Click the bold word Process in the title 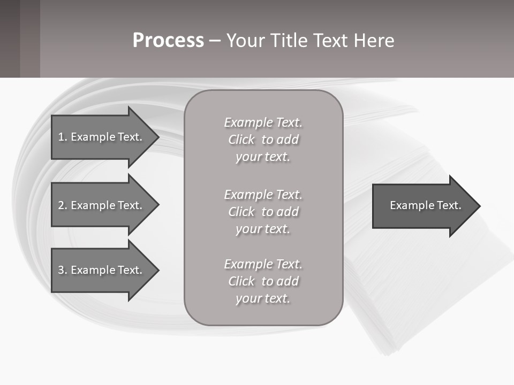click(x=168, y=41)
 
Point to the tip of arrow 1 click(x=157, y=137)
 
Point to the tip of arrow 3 click(x=157, y=270)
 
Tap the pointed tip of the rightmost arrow click(x=479, y=206)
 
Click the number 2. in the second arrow click(x=62, y=205)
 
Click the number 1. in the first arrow click(x=62, y=137)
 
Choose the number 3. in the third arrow click(x=62, y=270)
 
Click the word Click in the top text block click(x=241, y=140)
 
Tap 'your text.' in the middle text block click(x=263, y=229)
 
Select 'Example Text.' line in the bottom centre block click(x=263, y=264)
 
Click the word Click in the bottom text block click(x=241, y=281)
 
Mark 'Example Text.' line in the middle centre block click(x=263, y=195)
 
